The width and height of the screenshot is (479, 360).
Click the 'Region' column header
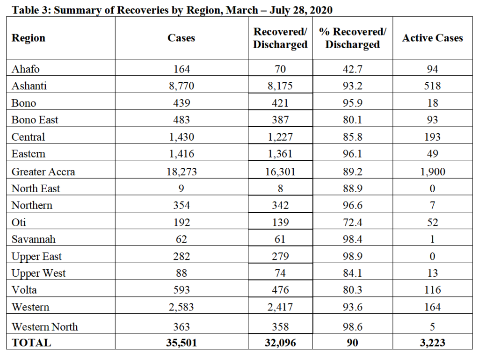[29, 38]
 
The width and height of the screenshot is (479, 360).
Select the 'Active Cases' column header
[432, 38]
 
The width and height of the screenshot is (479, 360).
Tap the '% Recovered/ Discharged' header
[353, 38]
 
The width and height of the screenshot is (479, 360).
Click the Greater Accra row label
[43, 172]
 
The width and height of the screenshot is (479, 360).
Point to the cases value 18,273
[181, 172]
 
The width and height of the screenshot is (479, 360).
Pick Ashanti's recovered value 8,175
[280, 86]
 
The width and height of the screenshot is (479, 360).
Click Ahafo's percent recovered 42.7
[353, 69]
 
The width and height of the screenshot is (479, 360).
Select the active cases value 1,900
[433, 172]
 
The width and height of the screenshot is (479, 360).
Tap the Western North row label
[44, 327]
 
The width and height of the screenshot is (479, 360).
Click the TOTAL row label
[31, 343]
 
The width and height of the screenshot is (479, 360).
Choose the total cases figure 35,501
[181, 343]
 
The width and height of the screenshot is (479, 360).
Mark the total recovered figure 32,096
[280, 343]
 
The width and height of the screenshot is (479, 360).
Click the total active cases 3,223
[433, 343]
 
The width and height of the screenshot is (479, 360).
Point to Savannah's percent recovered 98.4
[353, 239]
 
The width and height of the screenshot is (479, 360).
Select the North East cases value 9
[181, 188]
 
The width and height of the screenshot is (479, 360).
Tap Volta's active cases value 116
[433, 290]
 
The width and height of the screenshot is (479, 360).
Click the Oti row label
[19, 222]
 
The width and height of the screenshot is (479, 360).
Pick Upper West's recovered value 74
[280, 273]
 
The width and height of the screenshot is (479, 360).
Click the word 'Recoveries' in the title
[143, 10]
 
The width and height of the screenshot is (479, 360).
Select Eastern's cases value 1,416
[181, 154]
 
